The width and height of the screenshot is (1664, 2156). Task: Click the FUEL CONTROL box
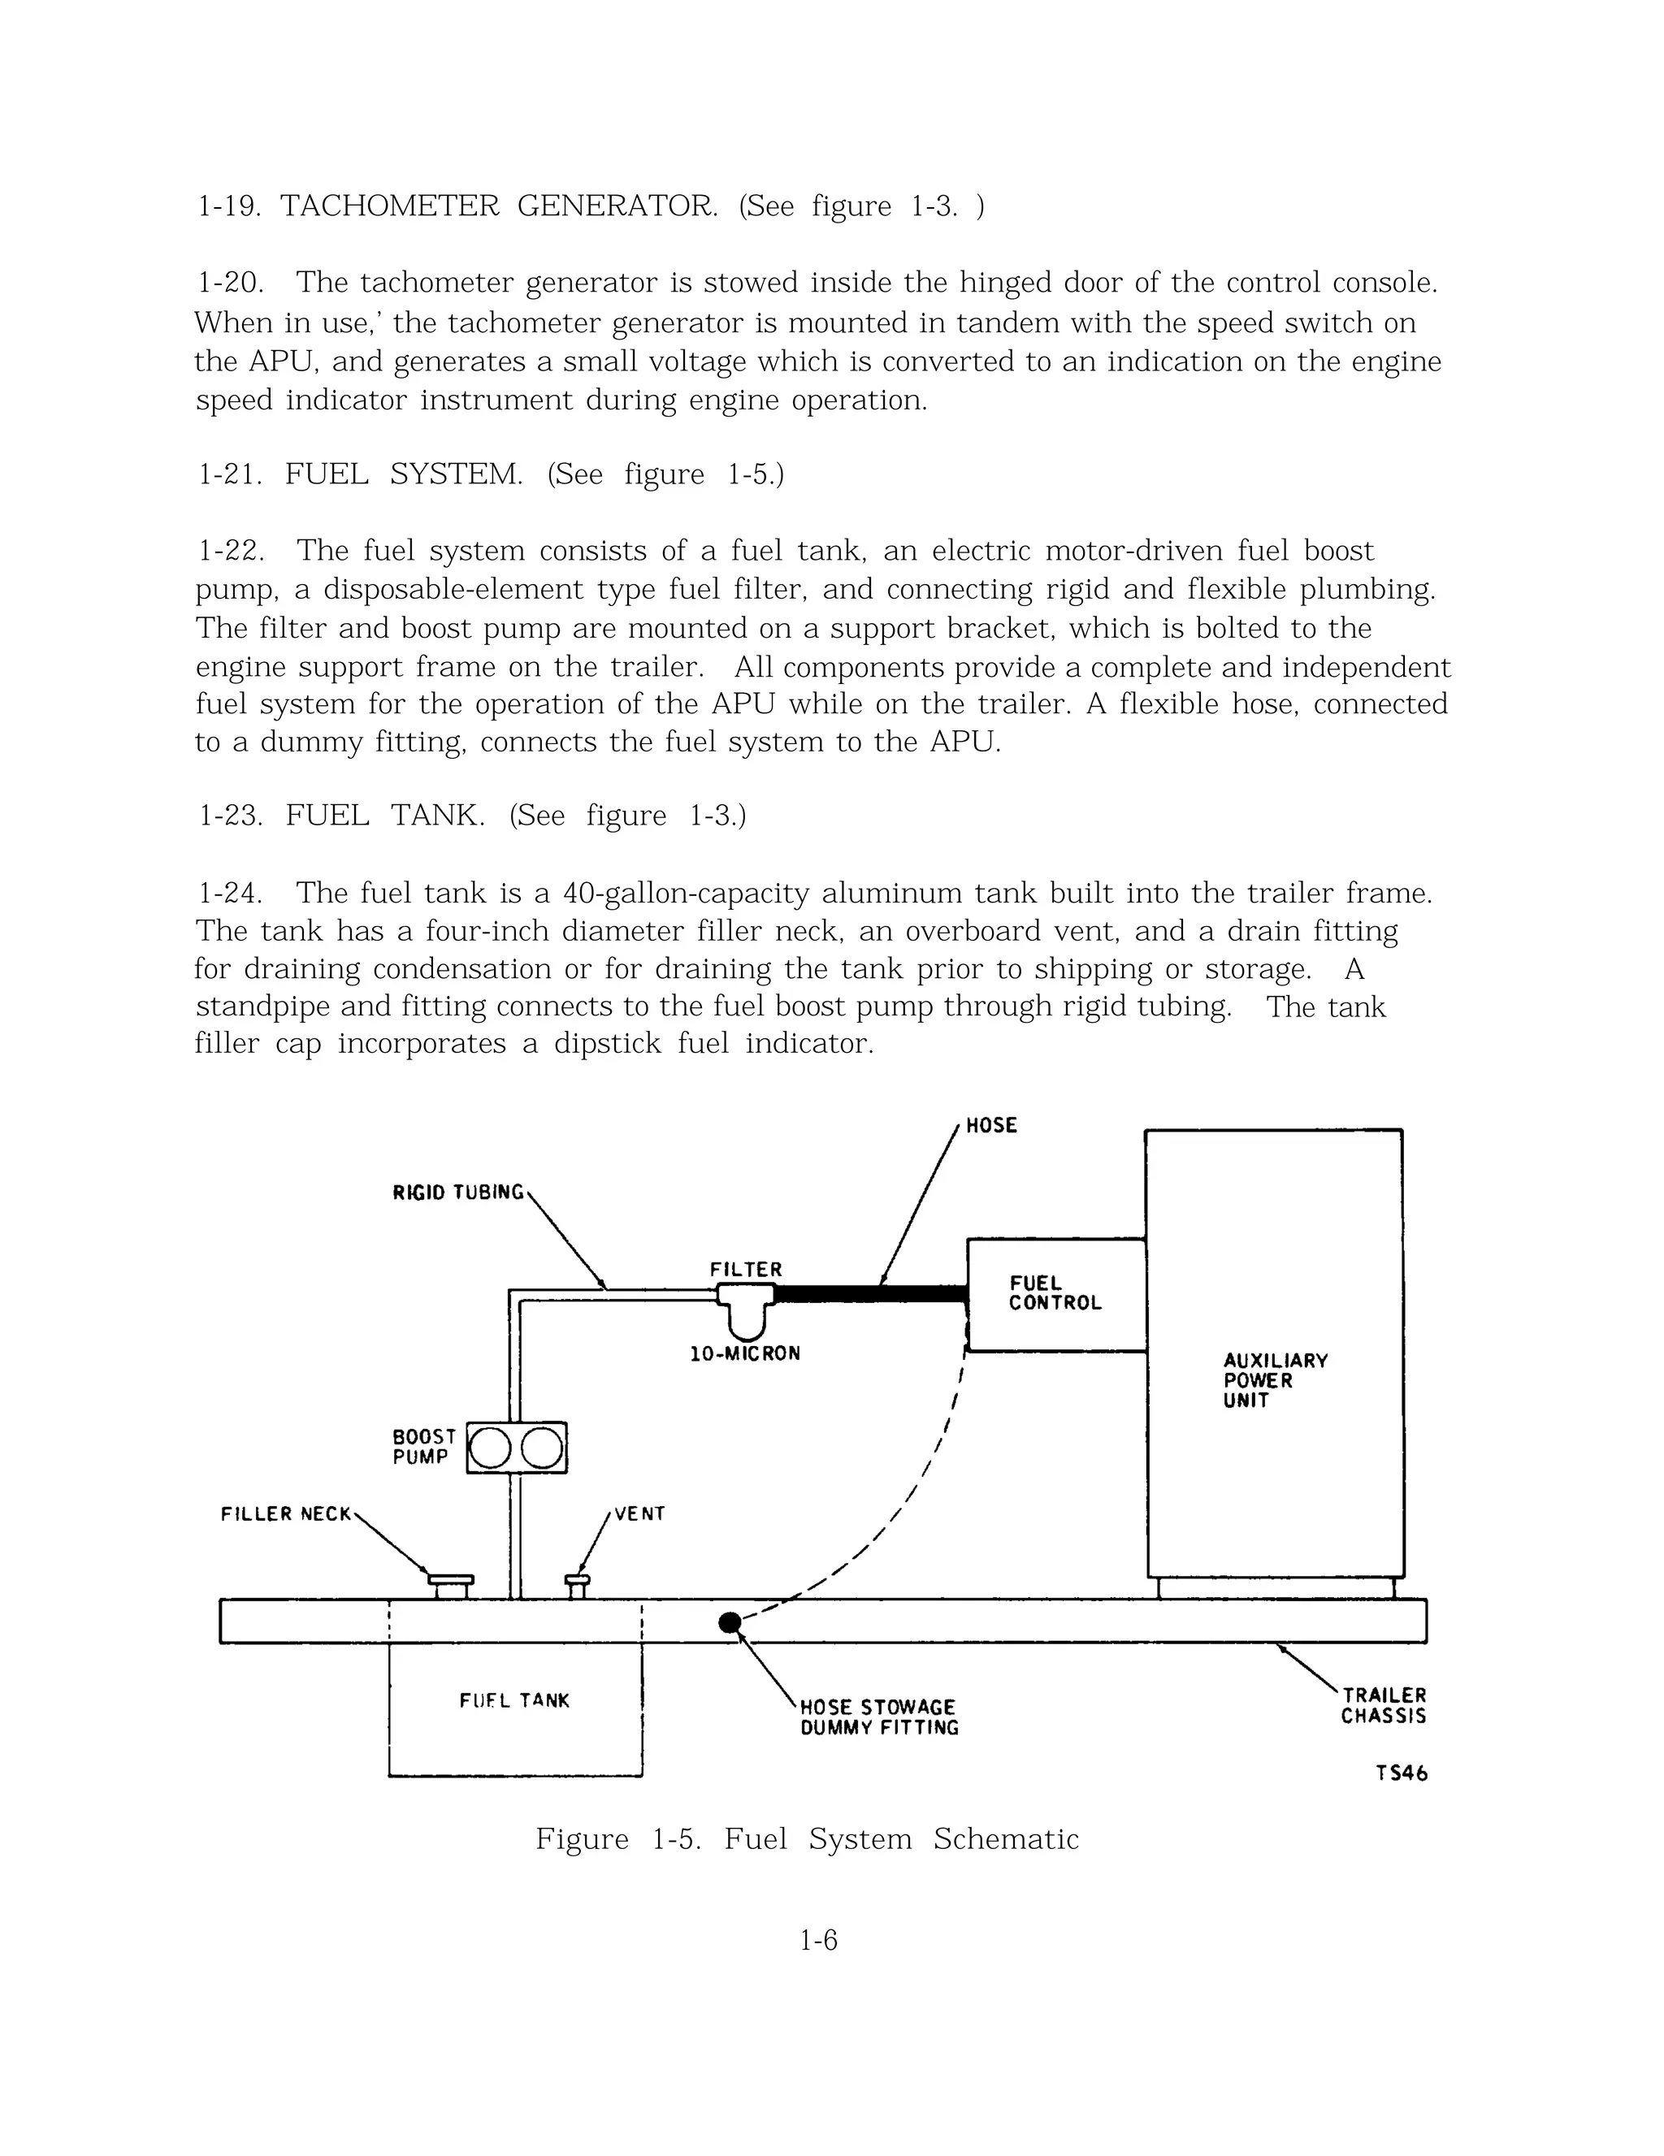(1055, 1294)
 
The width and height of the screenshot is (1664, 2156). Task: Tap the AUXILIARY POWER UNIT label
(1274, 1380)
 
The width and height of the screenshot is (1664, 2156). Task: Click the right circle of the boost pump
(541, 1448)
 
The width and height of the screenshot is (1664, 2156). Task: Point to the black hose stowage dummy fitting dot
(730, 1623)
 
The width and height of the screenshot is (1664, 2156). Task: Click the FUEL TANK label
(514, 1701)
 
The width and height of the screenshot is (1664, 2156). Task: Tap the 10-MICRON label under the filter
(744, 1354)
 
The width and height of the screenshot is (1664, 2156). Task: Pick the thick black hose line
(869, 1294)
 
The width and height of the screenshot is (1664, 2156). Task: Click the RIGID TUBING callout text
(458, 1193)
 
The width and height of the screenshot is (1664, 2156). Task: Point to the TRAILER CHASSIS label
(1383, 1706)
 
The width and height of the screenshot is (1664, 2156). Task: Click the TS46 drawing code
(1402, 1774)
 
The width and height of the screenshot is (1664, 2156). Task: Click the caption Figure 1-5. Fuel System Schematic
(807, 1839)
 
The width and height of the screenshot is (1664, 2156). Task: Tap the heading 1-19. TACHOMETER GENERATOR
(590, 206)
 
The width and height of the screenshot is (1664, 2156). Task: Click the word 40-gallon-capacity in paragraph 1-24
(687, 894)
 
